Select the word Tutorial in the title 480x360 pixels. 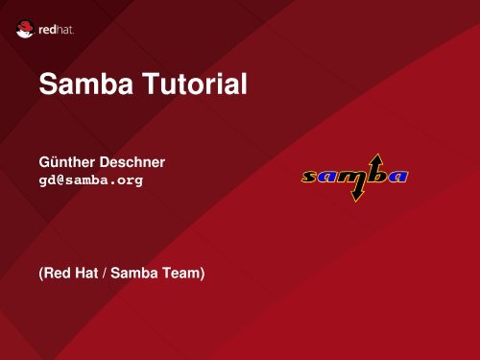click(198, 89)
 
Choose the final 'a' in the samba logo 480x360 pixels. click(396, 177)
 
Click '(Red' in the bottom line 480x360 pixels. click(57, 275)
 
